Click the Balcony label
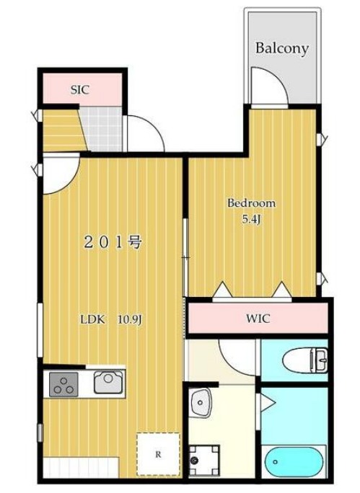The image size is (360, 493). click(x=281, y=49)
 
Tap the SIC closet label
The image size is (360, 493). click(x=80, y=90)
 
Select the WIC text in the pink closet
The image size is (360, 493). click(x=258, y=319)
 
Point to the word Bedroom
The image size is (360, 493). click(x=252, y=203)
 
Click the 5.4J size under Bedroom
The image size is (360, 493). click(x=252, y=219)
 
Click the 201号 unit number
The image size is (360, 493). click(x=113, y=242)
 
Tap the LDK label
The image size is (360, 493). click(x=92, y=319)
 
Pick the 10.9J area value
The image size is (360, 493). click(x=131, y=320)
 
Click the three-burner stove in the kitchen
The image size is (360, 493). click(x=63, y=384)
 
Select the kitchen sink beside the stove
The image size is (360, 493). click(x=108, y=382)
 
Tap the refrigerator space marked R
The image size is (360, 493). click(x=158, y=454)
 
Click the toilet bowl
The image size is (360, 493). click(x=305, y=360)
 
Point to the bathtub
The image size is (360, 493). click(x=294, y=461)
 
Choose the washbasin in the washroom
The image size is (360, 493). click(x=200, y=402)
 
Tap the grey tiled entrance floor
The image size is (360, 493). click(x=102, y=129)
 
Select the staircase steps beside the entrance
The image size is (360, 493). click(x=63, y=130)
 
